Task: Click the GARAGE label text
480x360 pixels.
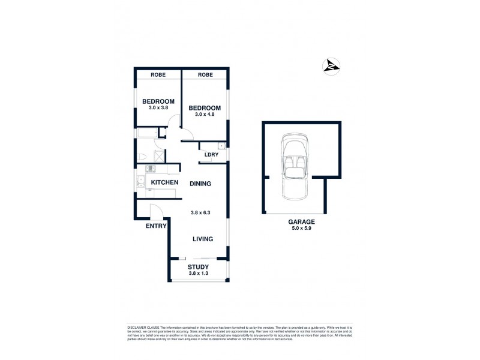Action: coord(301,221)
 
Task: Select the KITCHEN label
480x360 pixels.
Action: coord(164,182)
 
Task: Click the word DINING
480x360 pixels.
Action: coord(200,184)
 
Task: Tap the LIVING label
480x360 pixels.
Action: coord(202,239)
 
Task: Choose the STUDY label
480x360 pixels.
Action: coord(198,267)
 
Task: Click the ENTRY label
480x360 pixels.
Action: coord(156,226)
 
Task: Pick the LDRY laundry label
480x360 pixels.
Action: coord(211,155)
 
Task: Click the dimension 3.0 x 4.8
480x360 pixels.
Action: coord(205,115)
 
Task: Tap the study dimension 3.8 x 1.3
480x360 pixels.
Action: coord(198,274)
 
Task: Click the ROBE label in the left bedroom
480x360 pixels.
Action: coord(158,75)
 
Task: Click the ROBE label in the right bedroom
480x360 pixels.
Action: coord(205,75)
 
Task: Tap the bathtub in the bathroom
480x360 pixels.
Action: coord(147,133)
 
